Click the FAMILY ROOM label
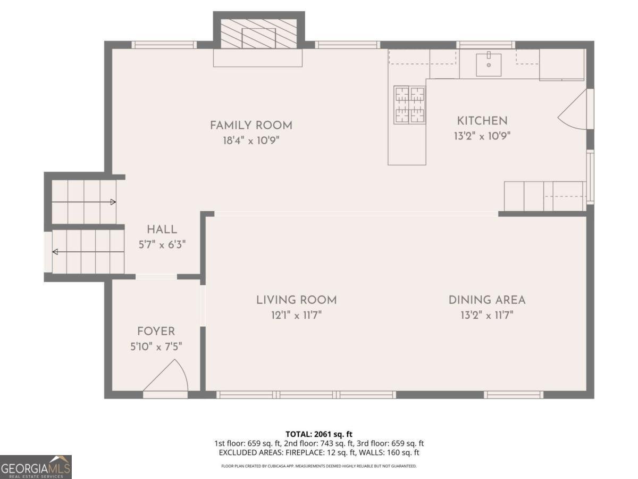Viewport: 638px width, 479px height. (251, 126)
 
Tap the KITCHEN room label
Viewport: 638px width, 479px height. (482, 121)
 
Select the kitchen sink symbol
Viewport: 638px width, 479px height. (488, 64)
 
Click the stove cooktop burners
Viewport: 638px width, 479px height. (409, 105)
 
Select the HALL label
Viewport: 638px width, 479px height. (162, 230)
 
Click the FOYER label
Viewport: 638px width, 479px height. (156, 332)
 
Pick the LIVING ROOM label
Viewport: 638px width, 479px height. (296, 300)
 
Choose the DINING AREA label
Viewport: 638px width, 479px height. (486, 300)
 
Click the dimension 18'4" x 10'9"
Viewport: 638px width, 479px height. (251, 141)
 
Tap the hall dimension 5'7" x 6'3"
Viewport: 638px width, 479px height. (162, 245)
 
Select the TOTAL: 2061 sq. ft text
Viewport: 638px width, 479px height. (318, 434)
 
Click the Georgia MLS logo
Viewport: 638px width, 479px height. (36, 467)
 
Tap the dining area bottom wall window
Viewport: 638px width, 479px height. (513, 395)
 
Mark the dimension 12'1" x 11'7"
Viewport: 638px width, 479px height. (296, 315)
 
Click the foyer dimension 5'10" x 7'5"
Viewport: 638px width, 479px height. (156, 346)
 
